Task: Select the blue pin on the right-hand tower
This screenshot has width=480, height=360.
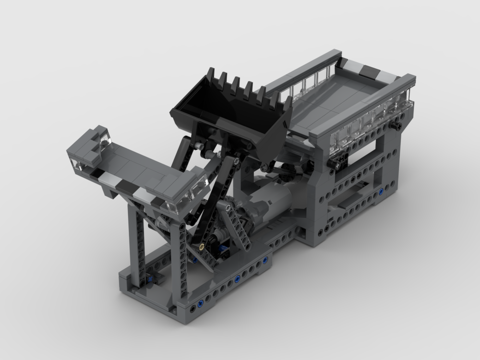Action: click(x=381, y=192)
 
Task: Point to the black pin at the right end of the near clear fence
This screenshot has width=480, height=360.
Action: click(x=397, y=125)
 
